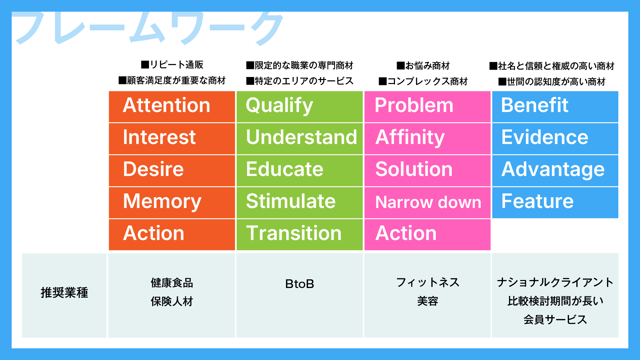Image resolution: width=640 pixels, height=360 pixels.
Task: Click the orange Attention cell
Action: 172,106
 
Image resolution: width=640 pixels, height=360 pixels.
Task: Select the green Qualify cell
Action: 299,106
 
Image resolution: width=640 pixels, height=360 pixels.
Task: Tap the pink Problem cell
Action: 427,106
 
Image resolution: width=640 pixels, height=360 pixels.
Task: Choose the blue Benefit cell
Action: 555,106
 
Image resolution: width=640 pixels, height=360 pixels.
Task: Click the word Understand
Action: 301,137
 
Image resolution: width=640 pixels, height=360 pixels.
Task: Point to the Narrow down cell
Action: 428,202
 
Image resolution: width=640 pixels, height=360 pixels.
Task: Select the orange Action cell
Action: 172,234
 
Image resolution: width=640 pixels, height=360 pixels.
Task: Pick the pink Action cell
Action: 427,234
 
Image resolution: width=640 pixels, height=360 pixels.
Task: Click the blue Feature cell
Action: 555,202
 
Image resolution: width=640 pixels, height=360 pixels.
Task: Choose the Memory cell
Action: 172,202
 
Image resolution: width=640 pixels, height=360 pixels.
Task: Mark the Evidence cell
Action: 555,138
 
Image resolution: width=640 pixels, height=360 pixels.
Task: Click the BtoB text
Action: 299,284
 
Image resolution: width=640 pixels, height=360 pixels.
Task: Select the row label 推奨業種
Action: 64,293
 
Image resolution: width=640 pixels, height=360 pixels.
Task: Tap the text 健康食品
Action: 172,283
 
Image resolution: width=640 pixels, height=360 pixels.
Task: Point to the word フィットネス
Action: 427,283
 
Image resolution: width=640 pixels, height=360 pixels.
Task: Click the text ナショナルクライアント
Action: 555,283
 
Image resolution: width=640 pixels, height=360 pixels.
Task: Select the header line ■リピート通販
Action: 172,65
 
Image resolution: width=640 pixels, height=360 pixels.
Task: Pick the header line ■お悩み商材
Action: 423,66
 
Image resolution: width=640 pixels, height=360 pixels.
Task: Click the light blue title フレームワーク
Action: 148,28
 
